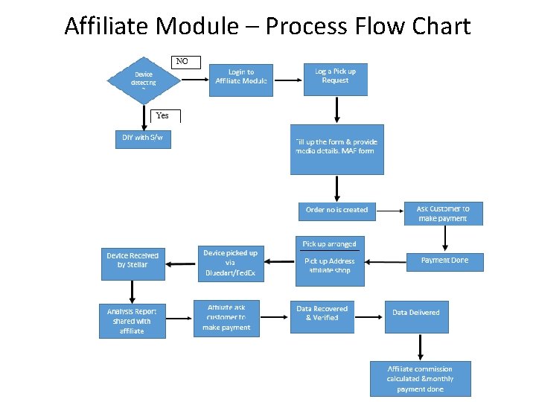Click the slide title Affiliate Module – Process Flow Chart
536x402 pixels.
267,27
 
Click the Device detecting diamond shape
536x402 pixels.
144,78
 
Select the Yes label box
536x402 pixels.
166,115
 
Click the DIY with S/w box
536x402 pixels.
142,138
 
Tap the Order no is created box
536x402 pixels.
336,210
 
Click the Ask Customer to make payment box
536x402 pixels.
443,213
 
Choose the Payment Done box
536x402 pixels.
445,261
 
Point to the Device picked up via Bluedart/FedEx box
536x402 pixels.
231,263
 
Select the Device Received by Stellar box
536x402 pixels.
133,263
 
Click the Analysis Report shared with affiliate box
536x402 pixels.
132,320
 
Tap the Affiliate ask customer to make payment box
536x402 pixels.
226,318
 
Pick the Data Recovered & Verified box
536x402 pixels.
322,316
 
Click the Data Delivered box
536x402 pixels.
416,316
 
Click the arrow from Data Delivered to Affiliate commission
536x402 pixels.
421,346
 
